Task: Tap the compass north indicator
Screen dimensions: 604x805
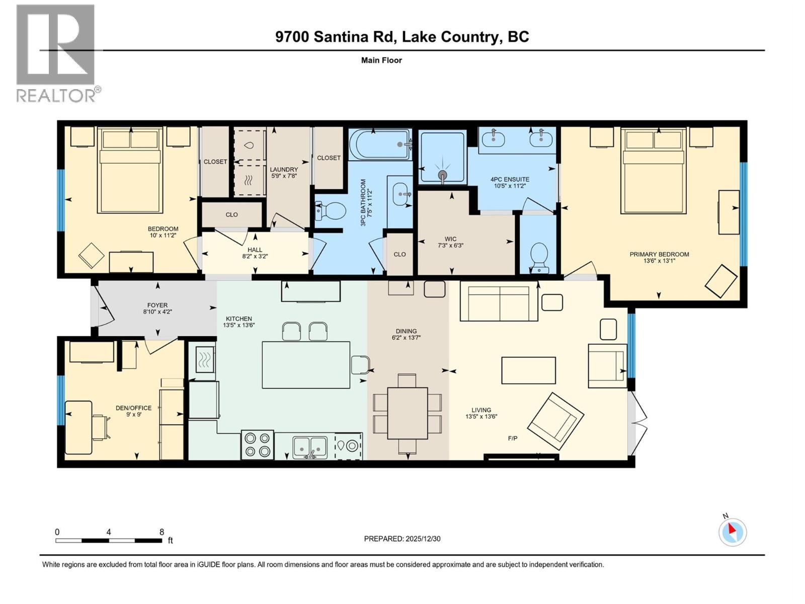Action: click(x=733, y=532)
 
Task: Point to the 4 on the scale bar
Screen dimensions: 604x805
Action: click(x=109, y=532)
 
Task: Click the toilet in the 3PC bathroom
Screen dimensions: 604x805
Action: click(x=330, y=211)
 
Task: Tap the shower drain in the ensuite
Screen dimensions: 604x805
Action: click(x=442, y=175)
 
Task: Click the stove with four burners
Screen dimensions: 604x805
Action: click(x=257, y=444)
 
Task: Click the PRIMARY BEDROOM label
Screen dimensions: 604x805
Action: click(x=659, y=254)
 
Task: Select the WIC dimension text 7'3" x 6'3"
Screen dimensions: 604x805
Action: click(x=450, y=246)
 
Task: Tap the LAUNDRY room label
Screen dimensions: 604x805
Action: click(x=284, y=170)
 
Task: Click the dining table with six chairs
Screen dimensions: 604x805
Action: click(x=408, y=413)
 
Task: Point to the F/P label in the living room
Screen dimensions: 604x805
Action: click(x=513, y=438)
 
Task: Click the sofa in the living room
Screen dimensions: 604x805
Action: click(x=499, y=303)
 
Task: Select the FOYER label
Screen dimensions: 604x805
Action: click(x=157, y=305)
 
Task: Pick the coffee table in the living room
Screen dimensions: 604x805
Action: click(x=528, y=370)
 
